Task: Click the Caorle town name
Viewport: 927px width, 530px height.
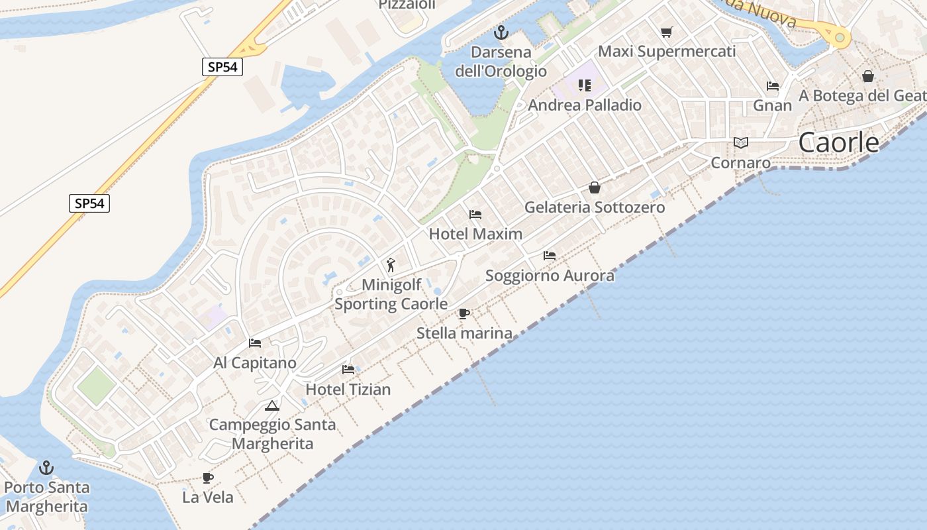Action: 838,142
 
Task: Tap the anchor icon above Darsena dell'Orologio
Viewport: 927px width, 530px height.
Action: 501,32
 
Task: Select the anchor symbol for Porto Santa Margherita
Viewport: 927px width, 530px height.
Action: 46,468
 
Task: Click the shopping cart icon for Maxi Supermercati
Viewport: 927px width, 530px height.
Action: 666,32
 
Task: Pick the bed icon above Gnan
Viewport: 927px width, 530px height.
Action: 772,85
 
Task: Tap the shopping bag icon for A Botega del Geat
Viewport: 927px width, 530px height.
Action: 867,76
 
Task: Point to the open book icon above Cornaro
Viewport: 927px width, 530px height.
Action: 740,142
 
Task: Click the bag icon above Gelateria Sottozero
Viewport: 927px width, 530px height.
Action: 594,187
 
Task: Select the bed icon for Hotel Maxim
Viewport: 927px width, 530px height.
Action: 475,214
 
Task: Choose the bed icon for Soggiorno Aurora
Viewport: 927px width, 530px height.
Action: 549,255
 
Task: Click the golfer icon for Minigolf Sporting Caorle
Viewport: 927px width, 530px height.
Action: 391,265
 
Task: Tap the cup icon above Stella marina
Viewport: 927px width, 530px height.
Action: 464,313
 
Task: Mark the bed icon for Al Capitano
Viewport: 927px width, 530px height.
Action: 254,343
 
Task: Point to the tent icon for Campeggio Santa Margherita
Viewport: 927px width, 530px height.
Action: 271,405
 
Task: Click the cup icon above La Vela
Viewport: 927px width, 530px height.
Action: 208,477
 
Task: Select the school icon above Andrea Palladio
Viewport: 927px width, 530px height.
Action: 584,85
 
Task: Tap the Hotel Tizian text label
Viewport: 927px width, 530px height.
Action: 348,389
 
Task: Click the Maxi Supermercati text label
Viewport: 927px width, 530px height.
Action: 667,51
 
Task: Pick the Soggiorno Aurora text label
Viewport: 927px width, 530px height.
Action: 550,275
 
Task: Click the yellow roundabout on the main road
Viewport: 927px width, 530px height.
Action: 840,37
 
